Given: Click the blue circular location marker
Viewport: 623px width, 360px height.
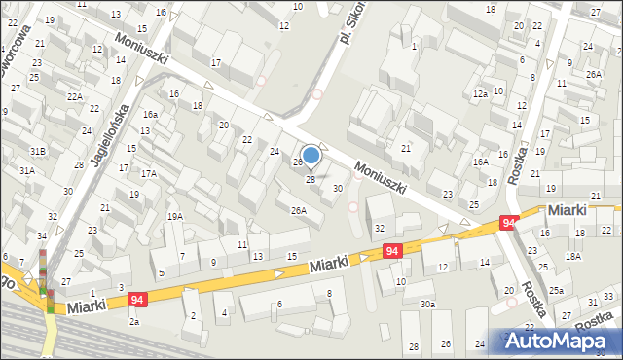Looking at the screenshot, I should point(311,155).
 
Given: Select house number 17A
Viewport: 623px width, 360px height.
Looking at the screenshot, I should point(148,174).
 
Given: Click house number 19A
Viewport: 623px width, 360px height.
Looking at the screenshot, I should point(174,217).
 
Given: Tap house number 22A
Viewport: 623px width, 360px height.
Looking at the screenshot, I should point(74,97).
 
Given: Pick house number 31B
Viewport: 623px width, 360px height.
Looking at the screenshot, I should point(37,151).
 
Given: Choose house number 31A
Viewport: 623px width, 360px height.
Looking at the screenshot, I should point(27,171).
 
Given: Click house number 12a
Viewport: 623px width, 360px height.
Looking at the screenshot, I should point(480,94).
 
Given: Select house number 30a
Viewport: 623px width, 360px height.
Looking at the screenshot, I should point(427,305).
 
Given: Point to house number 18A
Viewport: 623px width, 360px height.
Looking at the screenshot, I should point(573,256).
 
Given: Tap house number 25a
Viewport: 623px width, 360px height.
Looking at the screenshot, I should point(555,291).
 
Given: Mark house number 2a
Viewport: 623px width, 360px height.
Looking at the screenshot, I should point(134,321).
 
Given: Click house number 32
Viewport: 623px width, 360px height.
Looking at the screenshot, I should point(380,229).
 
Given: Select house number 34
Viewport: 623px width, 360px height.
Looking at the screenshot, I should point(42,236).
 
